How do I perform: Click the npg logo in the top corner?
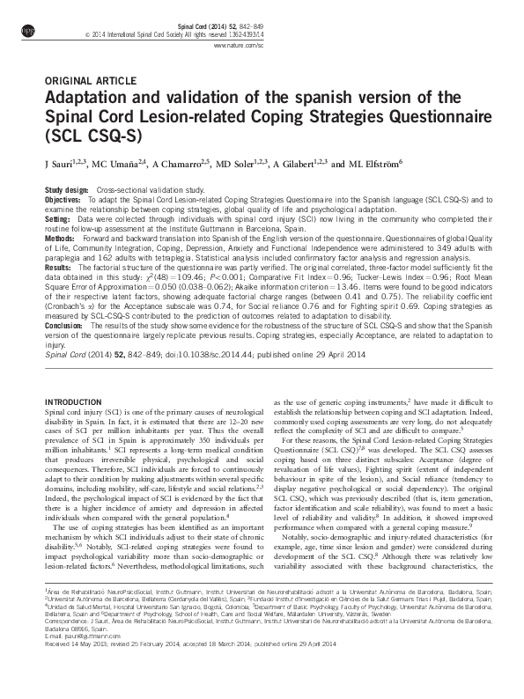pyautogui.click(x=26, y=29)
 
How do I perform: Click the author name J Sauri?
pyautogui.click(x=60, y=164)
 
